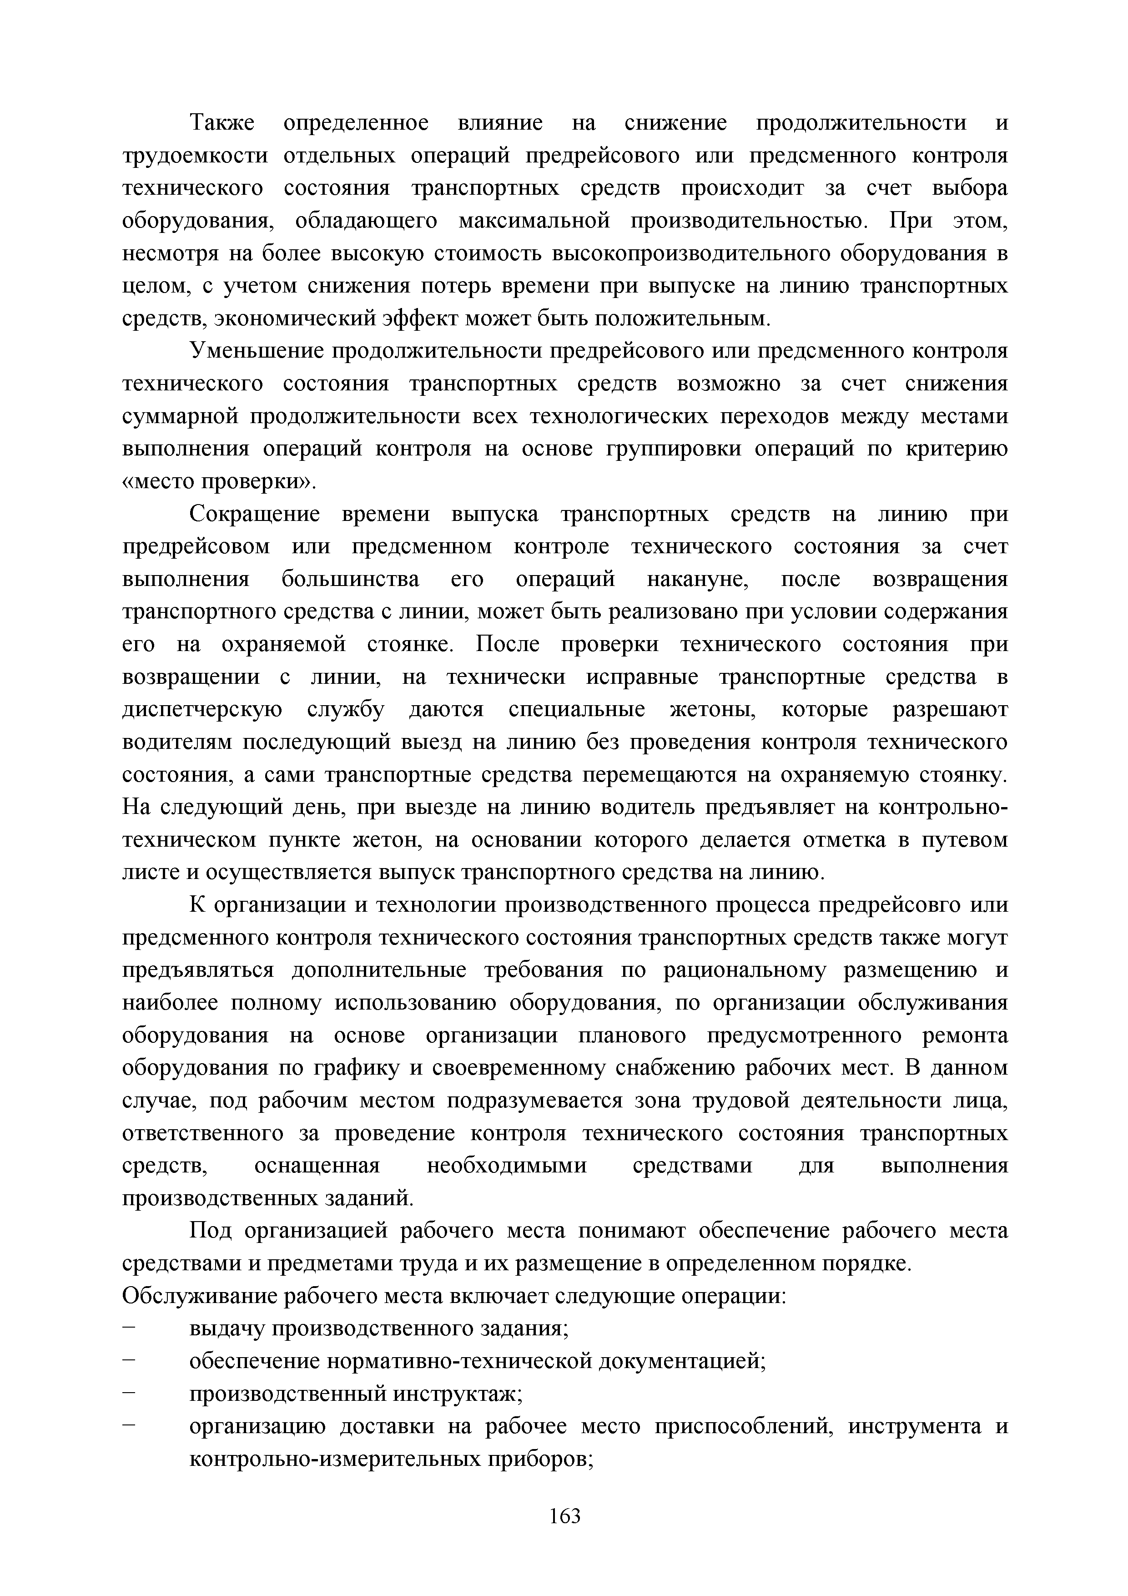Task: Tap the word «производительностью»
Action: [x=749, y=221]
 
